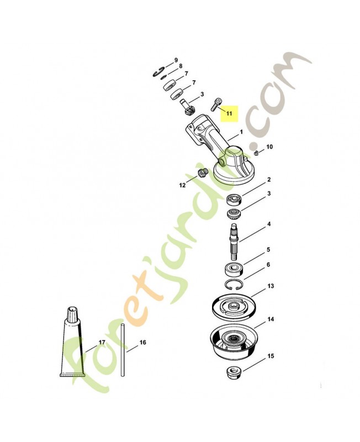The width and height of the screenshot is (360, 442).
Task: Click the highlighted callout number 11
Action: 229,113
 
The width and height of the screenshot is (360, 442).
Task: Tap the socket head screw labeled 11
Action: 215,104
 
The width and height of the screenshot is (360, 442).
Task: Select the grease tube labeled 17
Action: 72,341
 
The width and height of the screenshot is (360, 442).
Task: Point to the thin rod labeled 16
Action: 123,350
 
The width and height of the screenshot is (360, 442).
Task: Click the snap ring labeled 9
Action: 160,72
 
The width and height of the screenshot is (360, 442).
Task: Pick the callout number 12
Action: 182,185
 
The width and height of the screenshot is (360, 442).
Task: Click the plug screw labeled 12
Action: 203,172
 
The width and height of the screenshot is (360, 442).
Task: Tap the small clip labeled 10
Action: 256,153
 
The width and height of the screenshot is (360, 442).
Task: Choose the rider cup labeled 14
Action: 234,342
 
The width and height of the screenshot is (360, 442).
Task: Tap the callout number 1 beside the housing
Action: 241,132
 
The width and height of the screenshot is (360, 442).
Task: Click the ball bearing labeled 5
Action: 232,269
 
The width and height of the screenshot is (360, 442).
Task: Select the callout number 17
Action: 102,342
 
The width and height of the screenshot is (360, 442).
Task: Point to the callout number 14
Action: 271,319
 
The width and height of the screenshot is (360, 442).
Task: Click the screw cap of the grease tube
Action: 72,312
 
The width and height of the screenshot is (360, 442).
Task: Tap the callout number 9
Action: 176,60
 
